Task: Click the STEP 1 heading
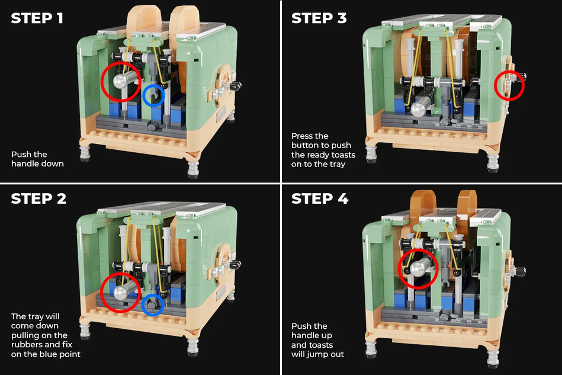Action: click(x=37, y=18)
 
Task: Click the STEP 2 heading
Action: click(x=38, y=198)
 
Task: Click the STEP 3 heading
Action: click(x=319, y=18)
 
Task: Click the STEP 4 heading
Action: click(x=320, y=198)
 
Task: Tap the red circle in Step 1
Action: click(x=121, y=81)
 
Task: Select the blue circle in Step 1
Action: click(x=154, y=96)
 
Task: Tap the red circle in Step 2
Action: click(x=121, y=291)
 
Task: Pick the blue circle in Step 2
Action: click(x=153, y=305)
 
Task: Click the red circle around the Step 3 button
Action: click(x=509, y=86)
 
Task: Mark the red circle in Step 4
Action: click(x=419, y=268)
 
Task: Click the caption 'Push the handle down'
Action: click(x=37, y=159)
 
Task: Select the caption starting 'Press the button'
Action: click(x=323, y=150)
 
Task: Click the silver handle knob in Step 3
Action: click(x=422, y=107)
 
